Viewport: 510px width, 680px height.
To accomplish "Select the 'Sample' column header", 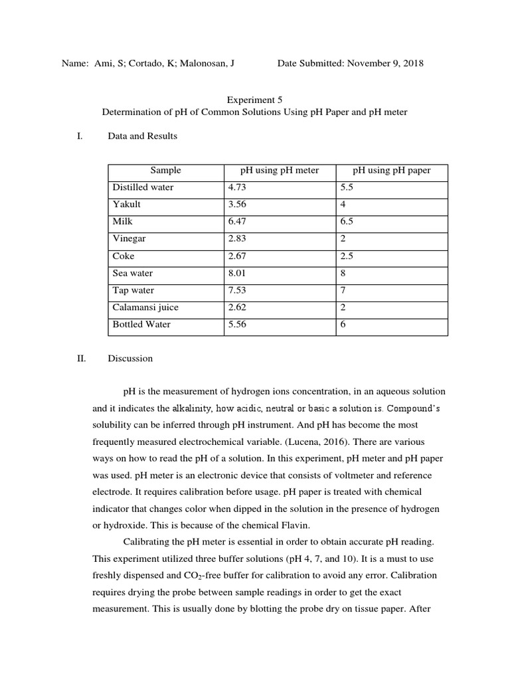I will pyautogui.click(x=165, y=171).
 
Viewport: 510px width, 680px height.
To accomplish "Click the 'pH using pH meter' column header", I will pyautogui.click(x=280, y=171).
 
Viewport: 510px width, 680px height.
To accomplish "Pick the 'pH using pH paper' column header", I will pyautogui.click(x=392, y=171).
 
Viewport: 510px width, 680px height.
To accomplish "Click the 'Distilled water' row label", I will pyautogui.click(x=143, y=188).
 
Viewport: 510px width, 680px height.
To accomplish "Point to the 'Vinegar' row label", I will pyautogui.click(x=129, y=239).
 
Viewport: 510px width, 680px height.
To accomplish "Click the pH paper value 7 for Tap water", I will pyautogui.click(x=343, y=290).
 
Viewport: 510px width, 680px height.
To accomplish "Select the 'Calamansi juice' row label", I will pyautogui.click(x=145, y=307).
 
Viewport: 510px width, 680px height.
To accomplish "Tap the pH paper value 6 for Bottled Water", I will pyautogui.click(x=343, y=325).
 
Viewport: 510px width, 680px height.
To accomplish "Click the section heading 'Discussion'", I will pyautogui.click(x=130, y=359).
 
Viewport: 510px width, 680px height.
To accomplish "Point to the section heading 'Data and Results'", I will pyautogui.click(x=142, y=136).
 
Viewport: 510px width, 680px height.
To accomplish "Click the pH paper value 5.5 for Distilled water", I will pyautogui.click(x=346, y=188).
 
